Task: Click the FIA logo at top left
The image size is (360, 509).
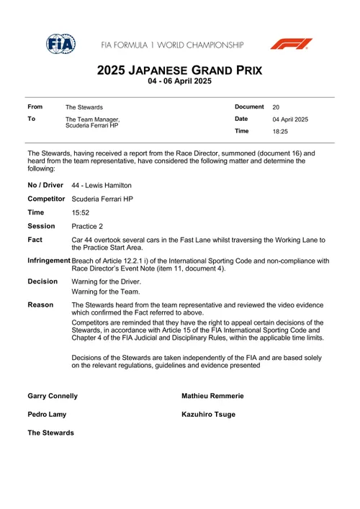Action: (x=60, y=43)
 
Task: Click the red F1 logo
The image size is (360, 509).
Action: (x=291, y=44)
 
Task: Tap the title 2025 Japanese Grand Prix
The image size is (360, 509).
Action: (x=180, y=71)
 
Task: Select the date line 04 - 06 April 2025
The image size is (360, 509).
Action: (x=180, y=82)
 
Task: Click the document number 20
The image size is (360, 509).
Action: (x=276, y=107)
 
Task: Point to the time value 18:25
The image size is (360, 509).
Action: (x=280, y=132)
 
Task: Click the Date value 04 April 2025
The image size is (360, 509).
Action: (x=290, y=120)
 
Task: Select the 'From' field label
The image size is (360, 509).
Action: (x=35, y=107)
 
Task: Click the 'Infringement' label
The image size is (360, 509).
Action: (x=49, y=261)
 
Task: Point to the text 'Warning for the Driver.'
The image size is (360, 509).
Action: (x=107, y=282)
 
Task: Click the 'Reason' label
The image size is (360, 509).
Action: (x=40, y=305)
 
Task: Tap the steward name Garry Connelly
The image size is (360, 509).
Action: (x=53, y=396)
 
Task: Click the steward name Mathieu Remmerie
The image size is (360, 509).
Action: (x=212, y=396)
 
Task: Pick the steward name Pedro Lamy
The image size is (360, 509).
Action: (x=47, y=415)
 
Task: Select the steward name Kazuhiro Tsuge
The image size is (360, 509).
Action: (x=208, y=415)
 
